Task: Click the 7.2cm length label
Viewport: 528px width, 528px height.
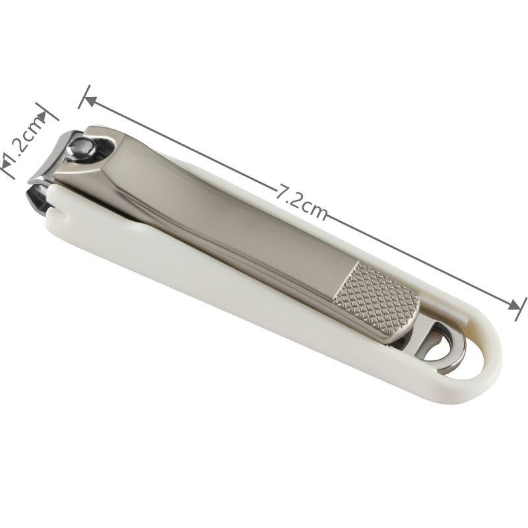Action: click(x=302, y=203)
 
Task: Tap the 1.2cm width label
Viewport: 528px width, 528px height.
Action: click(x=24, y=141)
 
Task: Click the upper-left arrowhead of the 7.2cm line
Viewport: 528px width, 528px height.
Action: click(x=90, y=101)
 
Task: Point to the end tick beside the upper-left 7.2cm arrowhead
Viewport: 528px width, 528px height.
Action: click(x=84, y=96)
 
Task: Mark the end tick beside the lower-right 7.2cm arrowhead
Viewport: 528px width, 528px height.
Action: click(x=521, y=308)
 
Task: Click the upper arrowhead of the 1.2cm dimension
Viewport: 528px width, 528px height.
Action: click(x=42, y=117)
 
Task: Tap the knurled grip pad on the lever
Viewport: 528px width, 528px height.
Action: click(x=377, y=299)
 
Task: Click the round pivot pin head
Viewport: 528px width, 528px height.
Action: click(x=80, y=147)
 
